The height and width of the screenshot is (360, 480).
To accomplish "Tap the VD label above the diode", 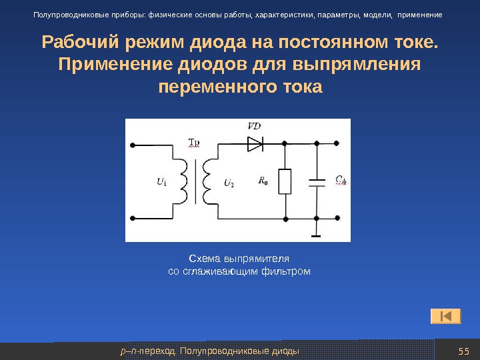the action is (x=254, y=125).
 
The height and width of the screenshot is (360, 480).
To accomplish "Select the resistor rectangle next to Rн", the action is (x=285, y=181).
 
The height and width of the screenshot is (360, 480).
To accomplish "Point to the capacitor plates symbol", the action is (x=317, y=182).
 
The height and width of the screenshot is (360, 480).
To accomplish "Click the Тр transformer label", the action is (x=194, y=143).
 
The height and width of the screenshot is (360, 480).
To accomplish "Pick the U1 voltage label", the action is (x=161, y=181).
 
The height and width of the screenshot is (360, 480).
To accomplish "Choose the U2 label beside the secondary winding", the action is (x=229, y=183).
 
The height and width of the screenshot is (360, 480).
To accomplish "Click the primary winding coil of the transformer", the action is (x=181, y=181).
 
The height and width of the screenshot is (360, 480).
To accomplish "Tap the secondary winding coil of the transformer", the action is (x=211, y=181).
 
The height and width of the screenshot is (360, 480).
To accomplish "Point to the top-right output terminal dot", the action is (x=341, y=143).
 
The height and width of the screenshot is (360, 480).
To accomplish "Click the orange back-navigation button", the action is (x=445, y=315).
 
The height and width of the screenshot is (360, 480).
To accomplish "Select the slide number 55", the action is (x=464, y=351).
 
